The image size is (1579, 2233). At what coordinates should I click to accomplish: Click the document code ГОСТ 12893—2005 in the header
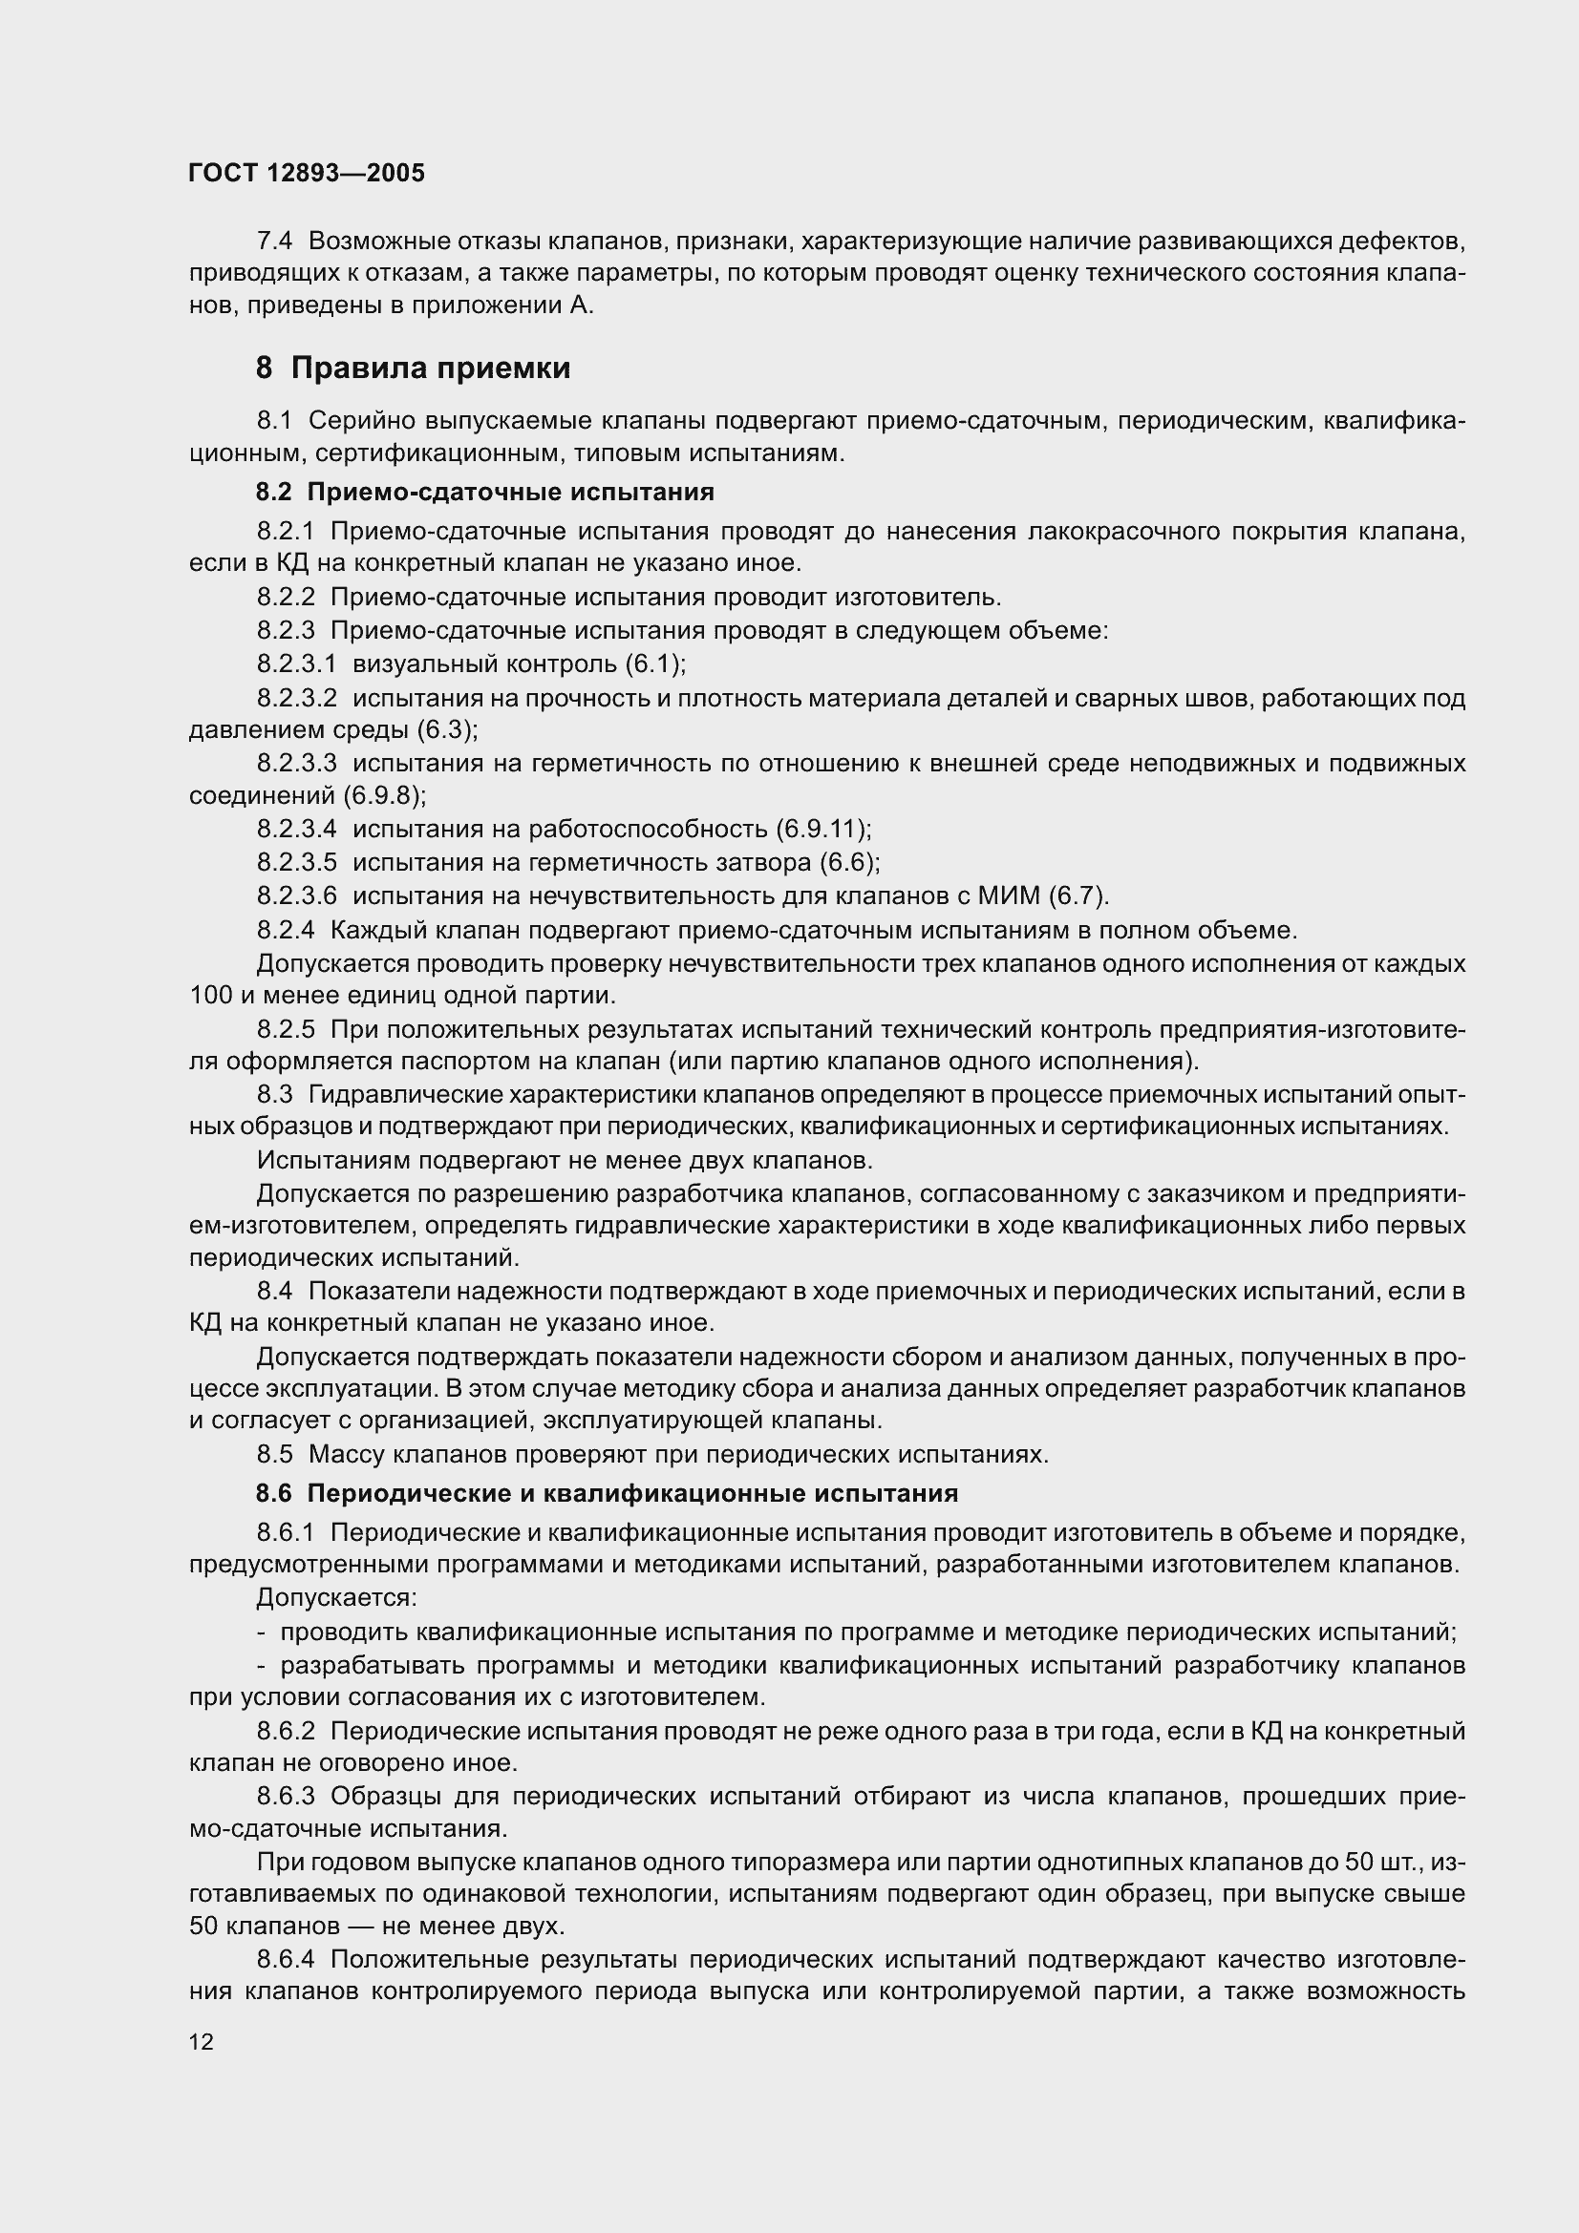307,173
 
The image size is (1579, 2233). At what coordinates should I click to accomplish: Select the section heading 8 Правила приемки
413,369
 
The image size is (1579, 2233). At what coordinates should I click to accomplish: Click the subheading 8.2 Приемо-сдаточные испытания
484,492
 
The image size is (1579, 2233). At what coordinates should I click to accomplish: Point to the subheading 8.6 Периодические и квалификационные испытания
608,1493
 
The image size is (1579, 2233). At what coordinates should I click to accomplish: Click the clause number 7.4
275,240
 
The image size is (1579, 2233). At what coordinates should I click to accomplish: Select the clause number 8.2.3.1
297,664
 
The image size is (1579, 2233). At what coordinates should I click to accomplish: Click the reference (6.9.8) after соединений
384,795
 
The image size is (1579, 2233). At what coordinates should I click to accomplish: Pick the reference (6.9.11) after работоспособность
823,829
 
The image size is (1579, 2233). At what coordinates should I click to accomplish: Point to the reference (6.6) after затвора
849,863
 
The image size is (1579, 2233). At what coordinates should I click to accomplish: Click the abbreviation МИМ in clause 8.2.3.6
1014,895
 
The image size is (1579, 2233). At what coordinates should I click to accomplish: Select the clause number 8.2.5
286,1029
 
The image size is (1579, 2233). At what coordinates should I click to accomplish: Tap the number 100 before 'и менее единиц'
211,996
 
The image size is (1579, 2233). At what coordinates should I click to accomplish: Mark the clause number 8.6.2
286,1731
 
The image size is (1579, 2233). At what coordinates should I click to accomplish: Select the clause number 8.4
275,1292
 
